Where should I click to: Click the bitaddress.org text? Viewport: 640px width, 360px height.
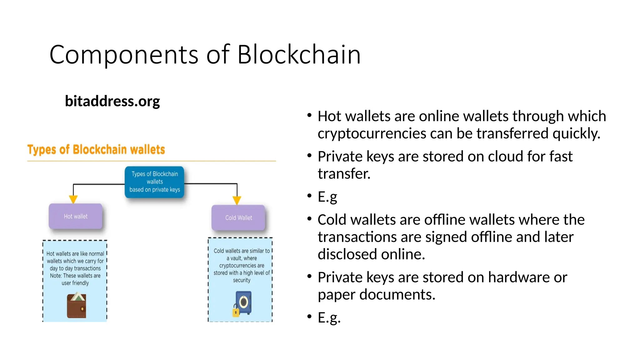(x=112, y=101)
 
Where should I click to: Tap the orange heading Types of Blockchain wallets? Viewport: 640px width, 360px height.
(x=96, y=150)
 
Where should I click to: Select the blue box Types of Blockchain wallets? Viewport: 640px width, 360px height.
(x=154, y=182)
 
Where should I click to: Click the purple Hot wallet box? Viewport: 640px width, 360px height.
(x=76, y=216)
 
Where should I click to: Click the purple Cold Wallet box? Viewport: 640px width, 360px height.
(x=238, y=218)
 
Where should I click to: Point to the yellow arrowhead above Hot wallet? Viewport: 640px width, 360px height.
(x=73, y=199)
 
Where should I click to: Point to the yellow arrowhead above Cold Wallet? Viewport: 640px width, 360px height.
(x=237, y=200)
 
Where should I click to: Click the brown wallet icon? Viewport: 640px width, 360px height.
(x=77, y=306)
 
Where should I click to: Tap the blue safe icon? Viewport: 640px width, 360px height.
(x=244, y=302)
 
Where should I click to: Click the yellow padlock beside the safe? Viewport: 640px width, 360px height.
(x=236, y=312)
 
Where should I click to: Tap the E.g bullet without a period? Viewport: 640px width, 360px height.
(x=327, y=197)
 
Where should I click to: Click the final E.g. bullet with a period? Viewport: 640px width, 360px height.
(x=329, y=317)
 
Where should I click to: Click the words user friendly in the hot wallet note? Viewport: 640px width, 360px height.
(x=75, y=283)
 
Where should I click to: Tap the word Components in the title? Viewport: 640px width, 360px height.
(x=124, y=55)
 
